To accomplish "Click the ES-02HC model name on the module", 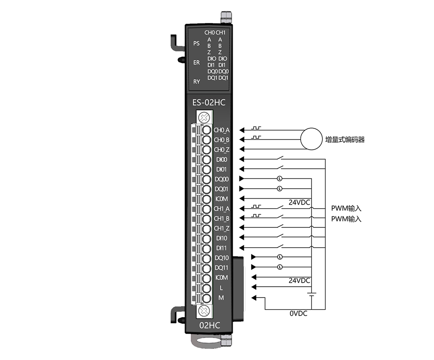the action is pos(209,103).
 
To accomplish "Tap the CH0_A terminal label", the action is pos(221,130).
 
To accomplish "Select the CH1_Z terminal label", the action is pos(221,229).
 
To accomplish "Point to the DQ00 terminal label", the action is pos(222,179).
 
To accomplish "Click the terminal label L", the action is pos(221,288).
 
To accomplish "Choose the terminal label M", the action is pos(221,298).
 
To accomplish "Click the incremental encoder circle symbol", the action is pos(311,139).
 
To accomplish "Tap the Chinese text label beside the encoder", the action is pos(345,140).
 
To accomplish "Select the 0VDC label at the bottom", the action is pos(299,314).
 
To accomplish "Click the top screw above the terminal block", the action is pos(204,118).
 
